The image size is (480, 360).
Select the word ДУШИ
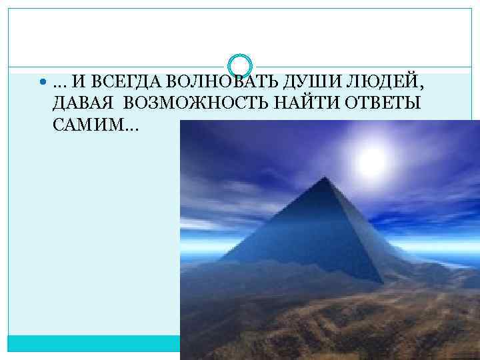[287, 83]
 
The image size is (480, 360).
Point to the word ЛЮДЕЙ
[351, 83]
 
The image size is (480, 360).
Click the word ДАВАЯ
[77, 104]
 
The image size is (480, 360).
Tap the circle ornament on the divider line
[240, 65]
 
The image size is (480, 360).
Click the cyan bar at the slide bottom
[93, 343]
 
